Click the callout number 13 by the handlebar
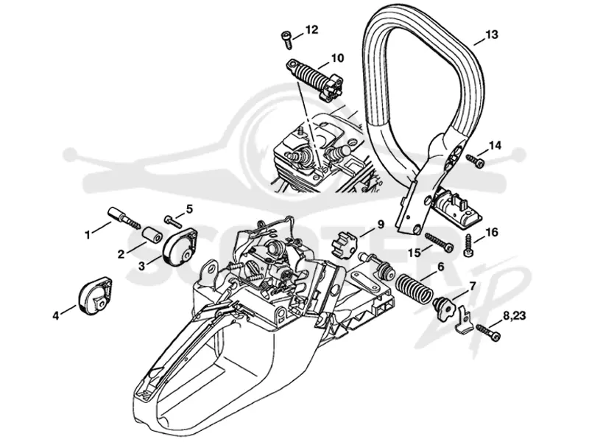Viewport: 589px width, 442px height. coord(491,35)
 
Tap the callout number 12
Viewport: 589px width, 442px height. coord(311,29)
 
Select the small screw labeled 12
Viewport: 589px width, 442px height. coord(287,40)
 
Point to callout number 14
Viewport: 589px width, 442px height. coord(494,146)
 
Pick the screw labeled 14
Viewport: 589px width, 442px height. coord(475,161)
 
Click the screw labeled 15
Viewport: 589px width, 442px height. coord(439,242)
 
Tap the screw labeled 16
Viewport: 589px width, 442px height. coord(468,245)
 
